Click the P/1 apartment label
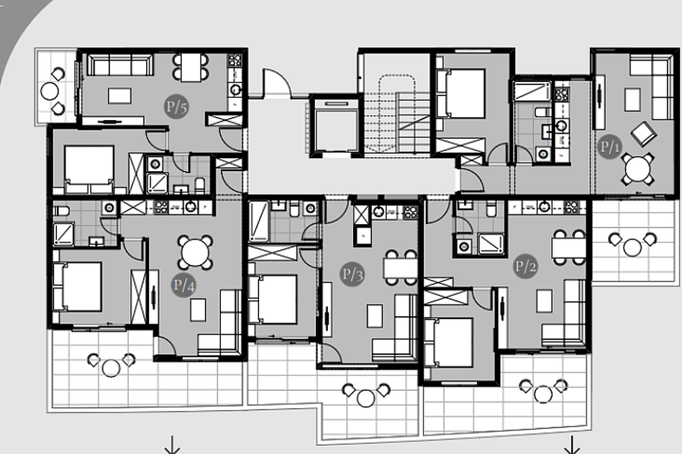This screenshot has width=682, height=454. point(609,147)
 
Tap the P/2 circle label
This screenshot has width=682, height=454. point(525,266)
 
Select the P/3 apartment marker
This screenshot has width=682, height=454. point(352,274)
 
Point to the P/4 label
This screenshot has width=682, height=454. point(183,285)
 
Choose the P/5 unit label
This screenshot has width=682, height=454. point(176,106)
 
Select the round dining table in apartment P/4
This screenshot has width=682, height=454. point(195,252)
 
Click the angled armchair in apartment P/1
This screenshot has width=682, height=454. point(644,133)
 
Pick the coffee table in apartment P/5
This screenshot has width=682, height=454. point(119,96)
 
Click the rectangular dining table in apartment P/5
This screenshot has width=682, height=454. point(191,67)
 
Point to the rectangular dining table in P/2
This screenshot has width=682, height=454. point(568,248)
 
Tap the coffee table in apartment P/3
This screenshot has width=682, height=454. point(375,316)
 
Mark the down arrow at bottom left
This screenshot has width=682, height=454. point(172,445)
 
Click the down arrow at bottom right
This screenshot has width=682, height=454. point(572,445)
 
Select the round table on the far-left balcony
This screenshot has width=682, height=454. point(50,91)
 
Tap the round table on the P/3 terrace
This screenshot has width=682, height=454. point(365,398)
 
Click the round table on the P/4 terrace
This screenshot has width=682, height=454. point(111,368)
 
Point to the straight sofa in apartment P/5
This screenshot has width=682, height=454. point(120,65)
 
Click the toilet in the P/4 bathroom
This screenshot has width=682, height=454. point(61,211)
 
